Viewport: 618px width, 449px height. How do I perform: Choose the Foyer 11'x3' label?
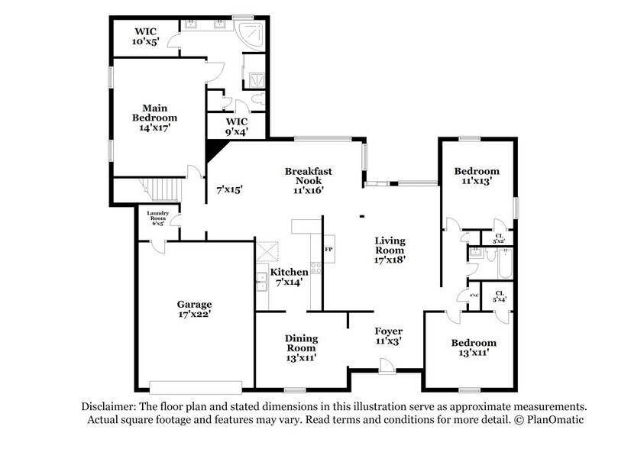pyautogui.click(x=388, y=336)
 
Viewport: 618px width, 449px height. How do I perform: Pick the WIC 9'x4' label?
pyautogui.click(x=235, y=127)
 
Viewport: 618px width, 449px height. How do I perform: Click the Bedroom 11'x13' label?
pyautogui.click(x=476, y=176)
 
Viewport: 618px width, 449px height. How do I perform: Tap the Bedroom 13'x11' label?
pyautogui.click(x=473, y=347)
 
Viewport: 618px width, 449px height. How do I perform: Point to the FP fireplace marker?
pyautogui.click(x=328, y=250)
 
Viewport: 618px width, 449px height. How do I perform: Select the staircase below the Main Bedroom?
pyautogui.click(x=160, y=186)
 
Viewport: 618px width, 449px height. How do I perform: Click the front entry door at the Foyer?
pyautogui.click(x=387, y=370)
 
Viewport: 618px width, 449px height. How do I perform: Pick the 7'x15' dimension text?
pyautogui.click(x=229, y=189)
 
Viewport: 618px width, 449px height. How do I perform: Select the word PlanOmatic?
pyautogui.click(x=551, y=420)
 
